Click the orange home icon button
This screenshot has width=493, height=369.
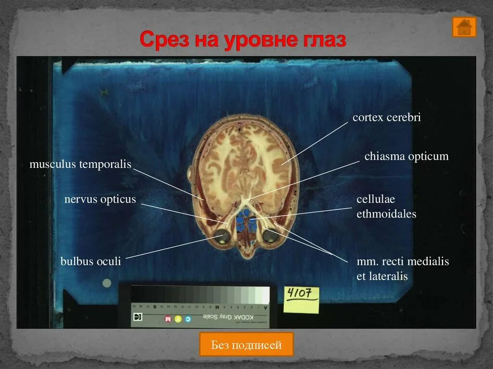(x=464, y=27)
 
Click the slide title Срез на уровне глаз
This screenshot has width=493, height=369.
(x=243, y=40)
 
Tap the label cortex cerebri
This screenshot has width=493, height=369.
(x=387, y=117)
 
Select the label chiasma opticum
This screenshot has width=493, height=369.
(x=406, y=156)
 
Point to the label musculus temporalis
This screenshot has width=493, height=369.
(x=80, y=164)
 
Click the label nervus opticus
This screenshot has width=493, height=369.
(x=100, y=199)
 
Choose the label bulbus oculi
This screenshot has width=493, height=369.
(x=91, y=262)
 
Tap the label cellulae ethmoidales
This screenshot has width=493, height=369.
(x=386, y=206)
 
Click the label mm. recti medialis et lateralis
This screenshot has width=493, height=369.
(x=402, y=269)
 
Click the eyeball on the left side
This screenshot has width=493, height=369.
(x=222, y=236)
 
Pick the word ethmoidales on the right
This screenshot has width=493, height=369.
(x=386, y=214)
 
